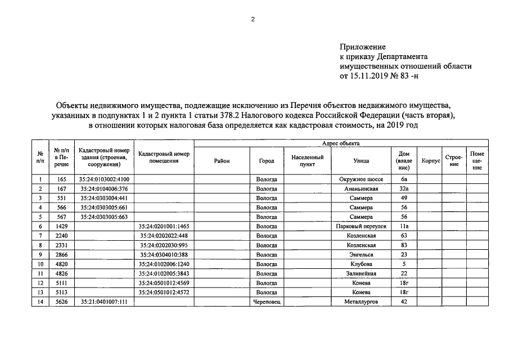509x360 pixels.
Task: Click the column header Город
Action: coord(267,161)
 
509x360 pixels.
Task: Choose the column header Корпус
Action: coord(430,161)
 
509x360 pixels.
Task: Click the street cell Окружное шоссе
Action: coord(361,179)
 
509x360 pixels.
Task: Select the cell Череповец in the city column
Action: coord(267,302)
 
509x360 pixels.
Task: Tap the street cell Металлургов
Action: coord(361,302)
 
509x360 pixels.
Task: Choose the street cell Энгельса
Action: coord(361,255)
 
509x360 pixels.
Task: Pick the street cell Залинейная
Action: coord(361,273)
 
